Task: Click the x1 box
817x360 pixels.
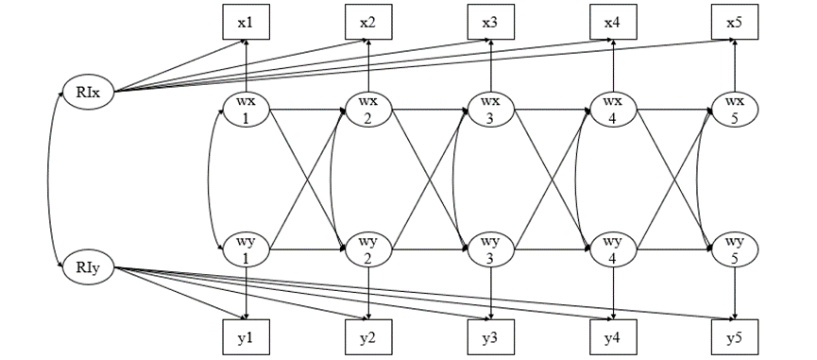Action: pos(247,22)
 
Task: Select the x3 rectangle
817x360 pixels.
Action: pos(491,22)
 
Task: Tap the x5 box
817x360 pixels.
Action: pos(736,22)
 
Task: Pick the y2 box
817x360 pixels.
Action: pos(368,337)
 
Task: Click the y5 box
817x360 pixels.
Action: pos(736,337)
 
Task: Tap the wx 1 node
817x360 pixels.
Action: pos(247,110)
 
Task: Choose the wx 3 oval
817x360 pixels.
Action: pos(491,110)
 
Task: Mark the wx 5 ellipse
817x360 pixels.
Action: pos(736,110)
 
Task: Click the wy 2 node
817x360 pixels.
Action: pos(368,249)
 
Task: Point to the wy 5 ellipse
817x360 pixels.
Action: pos(736,249)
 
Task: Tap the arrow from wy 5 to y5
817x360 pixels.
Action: pos(736,293)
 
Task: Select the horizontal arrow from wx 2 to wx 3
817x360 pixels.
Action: pos(430,110)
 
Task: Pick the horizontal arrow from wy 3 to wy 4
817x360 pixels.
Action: pos(553,249)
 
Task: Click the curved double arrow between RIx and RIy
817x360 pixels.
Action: pos(50,180)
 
